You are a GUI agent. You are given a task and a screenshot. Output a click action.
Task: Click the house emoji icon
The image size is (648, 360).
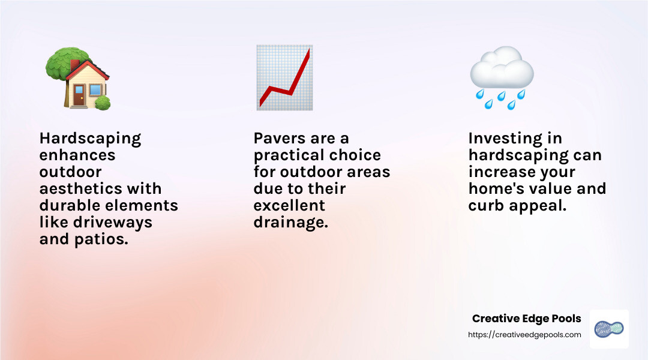(79, 78)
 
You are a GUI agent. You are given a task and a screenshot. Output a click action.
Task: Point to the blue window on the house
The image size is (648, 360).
(95, 91)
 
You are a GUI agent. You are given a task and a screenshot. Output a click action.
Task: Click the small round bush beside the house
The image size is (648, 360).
(103, 102)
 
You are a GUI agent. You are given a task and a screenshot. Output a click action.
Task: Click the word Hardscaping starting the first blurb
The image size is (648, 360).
(90, 139)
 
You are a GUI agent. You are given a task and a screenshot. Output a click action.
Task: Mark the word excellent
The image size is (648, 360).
(289, 206)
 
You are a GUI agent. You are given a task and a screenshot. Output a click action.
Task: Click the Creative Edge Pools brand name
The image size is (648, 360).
(526, 319)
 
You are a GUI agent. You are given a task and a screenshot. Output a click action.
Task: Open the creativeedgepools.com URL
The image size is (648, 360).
(524, 335)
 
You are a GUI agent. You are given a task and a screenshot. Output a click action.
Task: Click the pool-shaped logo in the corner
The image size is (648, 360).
(609, 329)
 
